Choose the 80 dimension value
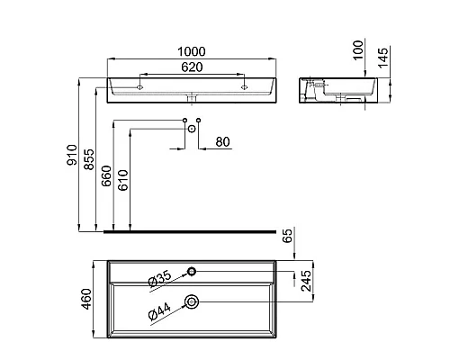coord(222,140)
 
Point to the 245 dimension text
coord(307,284)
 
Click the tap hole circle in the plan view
coord(192,270)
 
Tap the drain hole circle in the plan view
coord(192,301)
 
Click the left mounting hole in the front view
coord(141,88)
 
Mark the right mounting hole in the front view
coord(243,88)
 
